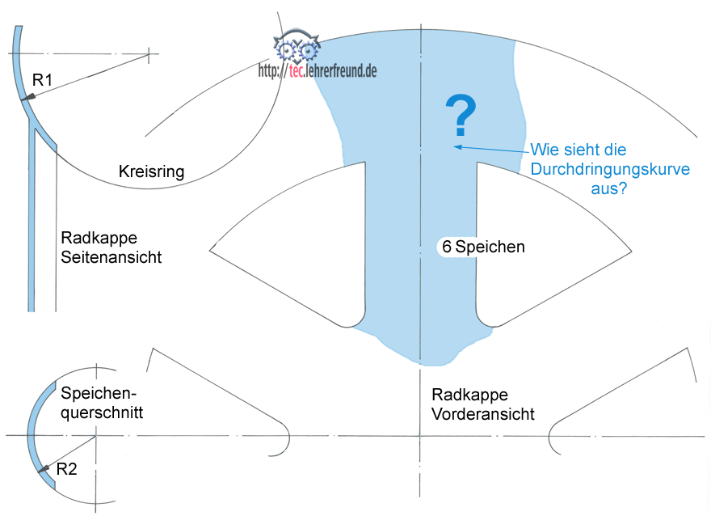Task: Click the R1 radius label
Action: pyautogui.click(x=41, y=79)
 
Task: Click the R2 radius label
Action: pyautogui.click(x=66, y=468)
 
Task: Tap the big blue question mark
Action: pyautogui.click(x=461, y=116)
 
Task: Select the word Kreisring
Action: pyautogui.click(x=152, y=172)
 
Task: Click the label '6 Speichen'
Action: pyautogui.click(x=483, y=247)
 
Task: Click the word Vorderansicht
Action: pyautogui.click(x=483, y=414)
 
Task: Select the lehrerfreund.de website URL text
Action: pyautogui.click(x=318, y=70)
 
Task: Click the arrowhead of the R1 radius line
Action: pyautogui.click(x=27, y=97)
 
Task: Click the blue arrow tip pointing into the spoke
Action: pyautogui.click(x=456, y=146)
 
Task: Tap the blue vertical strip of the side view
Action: pyautogui.click(x=32, y=226)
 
